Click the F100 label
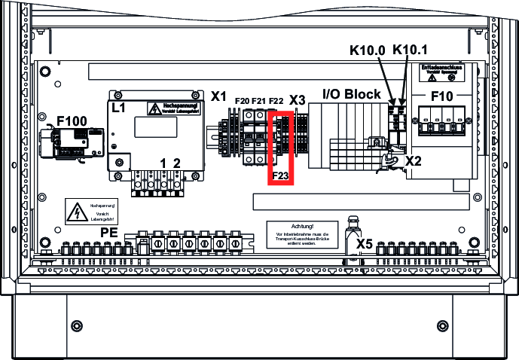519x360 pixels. coord(72,121)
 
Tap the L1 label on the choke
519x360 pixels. coord(118,108)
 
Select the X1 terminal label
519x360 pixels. coord(219,96)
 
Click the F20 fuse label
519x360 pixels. coord(243,101)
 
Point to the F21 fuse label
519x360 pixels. coord(258,101)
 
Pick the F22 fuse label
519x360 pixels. coord(276,101)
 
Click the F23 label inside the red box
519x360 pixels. coord(280,176)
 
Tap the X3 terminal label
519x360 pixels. coord(298,100)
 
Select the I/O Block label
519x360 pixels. coord(352,94)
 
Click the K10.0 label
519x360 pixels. coord(368,50)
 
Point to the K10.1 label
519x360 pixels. coord(411,50)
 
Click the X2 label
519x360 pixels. coord(414,161)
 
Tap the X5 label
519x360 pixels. coord(365,244)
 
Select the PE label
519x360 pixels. coord(109,233)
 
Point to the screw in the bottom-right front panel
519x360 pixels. coord(441,325)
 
